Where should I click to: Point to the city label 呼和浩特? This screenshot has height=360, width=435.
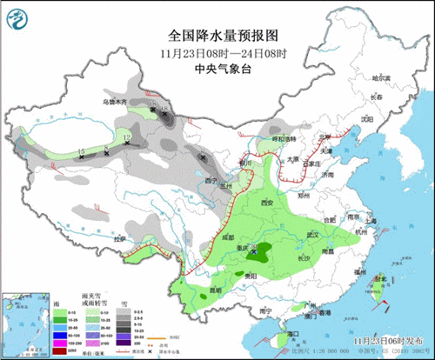[283, 139]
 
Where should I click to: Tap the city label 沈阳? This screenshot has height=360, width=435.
[367, 118]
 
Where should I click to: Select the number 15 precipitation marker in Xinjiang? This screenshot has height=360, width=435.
[81, 151]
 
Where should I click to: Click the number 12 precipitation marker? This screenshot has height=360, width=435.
[127, 137]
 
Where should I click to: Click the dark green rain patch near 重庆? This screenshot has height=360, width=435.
[258, 254]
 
